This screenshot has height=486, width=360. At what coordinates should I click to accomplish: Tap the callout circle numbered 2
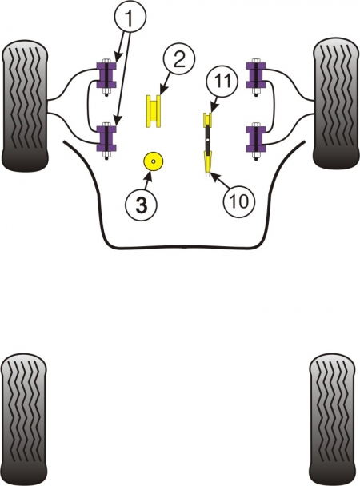tap(179, 60)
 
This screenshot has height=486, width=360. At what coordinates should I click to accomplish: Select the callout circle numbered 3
tap(141, 205)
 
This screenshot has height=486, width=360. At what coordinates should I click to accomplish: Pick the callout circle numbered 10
tap(239, 201)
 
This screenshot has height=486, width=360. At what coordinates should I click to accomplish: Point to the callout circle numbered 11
tap(222, 80)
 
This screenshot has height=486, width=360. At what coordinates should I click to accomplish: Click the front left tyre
tap(25, 105)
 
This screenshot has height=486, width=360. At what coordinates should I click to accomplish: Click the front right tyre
tap(336, 103)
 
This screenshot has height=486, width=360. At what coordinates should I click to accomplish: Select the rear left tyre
tap(24, 419)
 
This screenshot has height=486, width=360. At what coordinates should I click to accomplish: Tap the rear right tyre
tap(333, 419)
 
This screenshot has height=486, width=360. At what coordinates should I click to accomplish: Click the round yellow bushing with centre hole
tap(153, 161)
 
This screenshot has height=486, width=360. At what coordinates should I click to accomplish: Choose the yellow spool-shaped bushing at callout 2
tap(154, 111)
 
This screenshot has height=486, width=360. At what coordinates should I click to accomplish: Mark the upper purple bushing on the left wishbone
tap(106, 75)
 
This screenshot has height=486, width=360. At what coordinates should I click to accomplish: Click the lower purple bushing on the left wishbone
tap(106, 138)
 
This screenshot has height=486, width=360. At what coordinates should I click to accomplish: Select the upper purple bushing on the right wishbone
tap(256, 75)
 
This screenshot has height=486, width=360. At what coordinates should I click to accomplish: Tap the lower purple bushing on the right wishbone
tap(256, 138)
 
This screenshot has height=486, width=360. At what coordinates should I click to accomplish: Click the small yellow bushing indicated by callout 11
tap(207, 120)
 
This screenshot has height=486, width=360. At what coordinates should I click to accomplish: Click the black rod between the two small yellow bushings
tap(207, 139)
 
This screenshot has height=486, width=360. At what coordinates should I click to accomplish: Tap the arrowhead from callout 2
tap(162, 91)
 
